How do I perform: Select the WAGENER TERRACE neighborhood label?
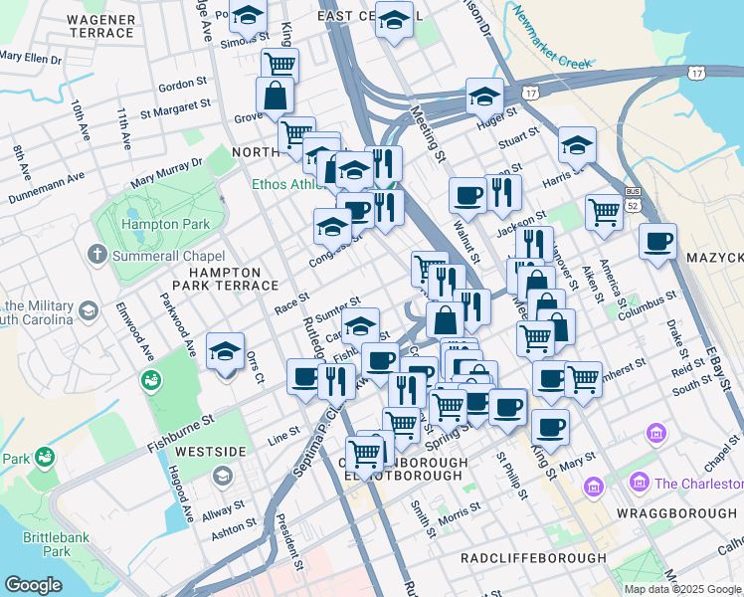[x=100, y=25]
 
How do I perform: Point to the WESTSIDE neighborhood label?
[x=210, y=452]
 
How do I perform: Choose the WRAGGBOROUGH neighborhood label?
[x=675, y=512]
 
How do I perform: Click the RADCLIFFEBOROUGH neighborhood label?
[x=533, y=559]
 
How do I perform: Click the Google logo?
[x=33, y=585]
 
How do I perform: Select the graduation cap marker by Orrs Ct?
[x=226, y=351]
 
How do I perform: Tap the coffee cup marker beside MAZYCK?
[x=657, y=242]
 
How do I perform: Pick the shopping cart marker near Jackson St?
[x=604, y=212]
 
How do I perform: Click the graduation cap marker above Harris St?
[x=577, y=145]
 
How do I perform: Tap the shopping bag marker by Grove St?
[x=275, y=97]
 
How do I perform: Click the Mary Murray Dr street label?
[x=166, y=171]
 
